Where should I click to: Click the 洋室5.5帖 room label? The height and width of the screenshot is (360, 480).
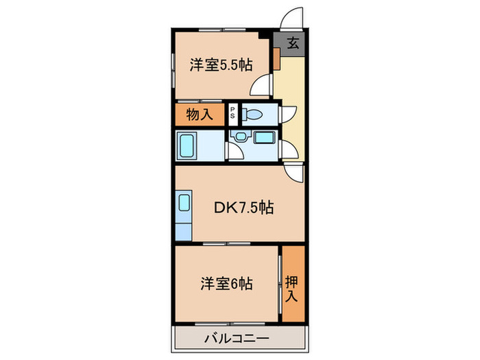tap(221, 66)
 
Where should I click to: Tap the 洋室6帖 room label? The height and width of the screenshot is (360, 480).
tap(227, 283)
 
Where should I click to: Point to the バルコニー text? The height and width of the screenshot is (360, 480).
tap(237, 337)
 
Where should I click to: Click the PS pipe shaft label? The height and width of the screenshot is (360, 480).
tap(233, 115)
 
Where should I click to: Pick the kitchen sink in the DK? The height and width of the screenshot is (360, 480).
tap(184, 204)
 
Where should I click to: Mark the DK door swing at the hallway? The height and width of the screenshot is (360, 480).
tap(293, 173)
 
